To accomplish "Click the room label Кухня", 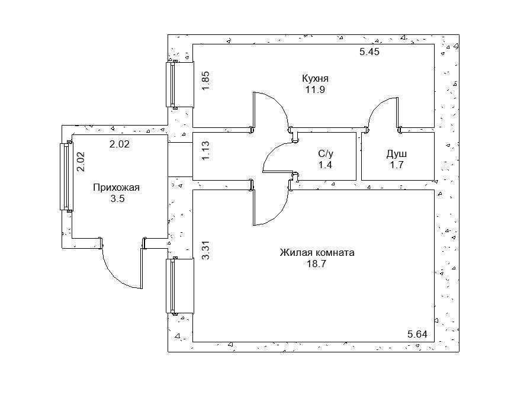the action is point(315,79).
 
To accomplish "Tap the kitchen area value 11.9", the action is point(315,90).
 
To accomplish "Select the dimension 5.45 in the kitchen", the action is point(369,52).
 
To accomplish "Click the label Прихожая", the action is point(116,188).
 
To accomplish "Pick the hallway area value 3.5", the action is point(117,198).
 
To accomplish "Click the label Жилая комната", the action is point(317,252).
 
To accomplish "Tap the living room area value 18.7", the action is point(317,264).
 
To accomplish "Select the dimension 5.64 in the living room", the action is point(417,334).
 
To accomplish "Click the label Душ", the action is point(397,154).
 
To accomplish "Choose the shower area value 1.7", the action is point(397,165).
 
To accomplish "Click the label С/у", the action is point(326,154).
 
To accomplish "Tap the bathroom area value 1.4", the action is point(326,165).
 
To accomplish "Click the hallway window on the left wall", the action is point(66,176).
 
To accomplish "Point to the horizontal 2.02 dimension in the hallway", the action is point(119,144).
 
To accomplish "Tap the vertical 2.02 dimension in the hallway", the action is point(81,162).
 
